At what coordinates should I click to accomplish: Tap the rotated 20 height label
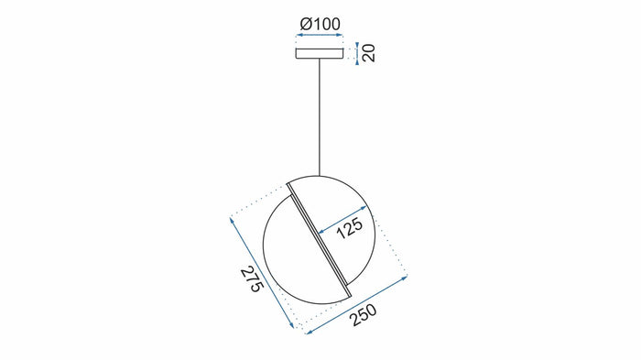point(369,51)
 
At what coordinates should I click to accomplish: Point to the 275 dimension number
point(252,279)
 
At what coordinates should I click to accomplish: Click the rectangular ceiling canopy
point(320,53)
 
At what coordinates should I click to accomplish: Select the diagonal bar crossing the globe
point(319,238)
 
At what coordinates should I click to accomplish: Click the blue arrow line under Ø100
point(320,38)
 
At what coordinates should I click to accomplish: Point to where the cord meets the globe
point(320,173)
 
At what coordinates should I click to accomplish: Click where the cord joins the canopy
point(320,61)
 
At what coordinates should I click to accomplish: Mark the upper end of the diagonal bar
point(289,183)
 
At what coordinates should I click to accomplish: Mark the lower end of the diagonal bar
point(349,293)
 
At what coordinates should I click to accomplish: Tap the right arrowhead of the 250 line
point(404,274)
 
